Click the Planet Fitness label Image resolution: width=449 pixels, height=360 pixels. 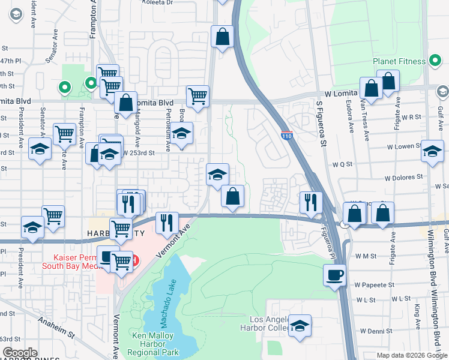point(399,61)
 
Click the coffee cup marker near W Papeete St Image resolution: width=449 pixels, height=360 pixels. point(335,275)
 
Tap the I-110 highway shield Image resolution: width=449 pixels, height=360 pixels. point(286,137)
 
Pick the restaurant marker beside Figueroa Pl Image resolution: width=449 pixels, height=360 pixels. point(311,202)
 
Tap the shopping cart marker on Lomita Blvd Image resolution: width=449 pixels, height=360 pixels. point(197,95)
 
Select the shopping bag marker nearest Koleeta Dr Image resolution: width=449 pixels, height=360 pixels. point(222,37)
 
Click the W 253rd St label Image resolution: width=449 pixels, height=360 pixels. point(139,153)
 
